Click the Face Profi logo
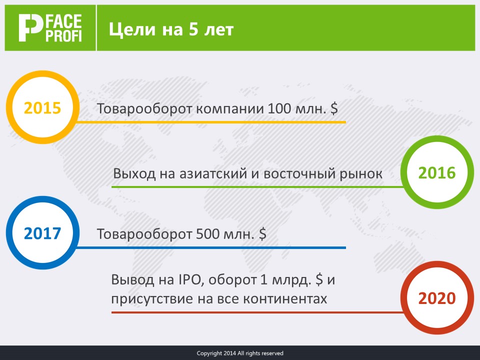click(x=50, y=27)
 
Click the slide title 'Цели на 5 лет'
click(x=171, y=29)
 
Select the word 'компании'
click(x=229, y=109)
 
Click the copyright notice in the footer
click(x=240, y=353)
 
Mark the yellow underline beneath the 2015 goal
click(x=211, y=122)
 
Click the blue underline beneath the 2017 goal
click(x=211, y=247)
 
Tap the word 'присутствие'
click(x=152, y=299)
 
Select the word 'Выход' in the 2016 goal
click(x=134, y=173)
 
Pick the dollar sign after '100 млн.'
click(x=334, y=108)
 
